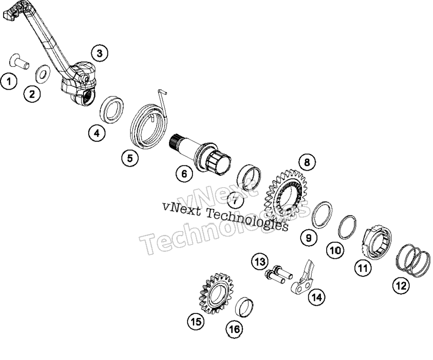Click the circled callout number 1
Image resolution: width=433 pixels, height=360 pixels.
9,82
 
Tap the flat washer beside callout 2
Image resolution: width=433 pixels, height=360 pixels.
42,74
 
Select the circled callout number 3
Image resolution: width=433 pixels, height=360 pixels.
99,53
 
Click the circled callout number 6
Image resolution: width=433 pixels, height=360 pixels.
184,174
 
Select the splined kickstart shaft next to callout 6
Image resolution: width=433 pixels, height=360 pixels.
199,155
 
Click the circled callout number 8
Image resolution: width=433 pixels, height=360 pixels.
307,162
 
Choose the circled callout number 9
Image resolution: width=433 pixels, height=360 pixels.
309,238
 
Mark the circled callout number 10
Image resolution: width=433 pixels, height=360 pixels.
336,250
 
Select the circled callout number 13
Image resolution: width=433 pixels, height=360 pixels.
260,261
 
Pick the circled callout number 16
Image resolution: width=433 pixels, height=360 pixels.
235,329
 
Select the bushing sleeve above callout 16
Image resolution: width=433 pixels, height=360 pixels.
244,307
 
